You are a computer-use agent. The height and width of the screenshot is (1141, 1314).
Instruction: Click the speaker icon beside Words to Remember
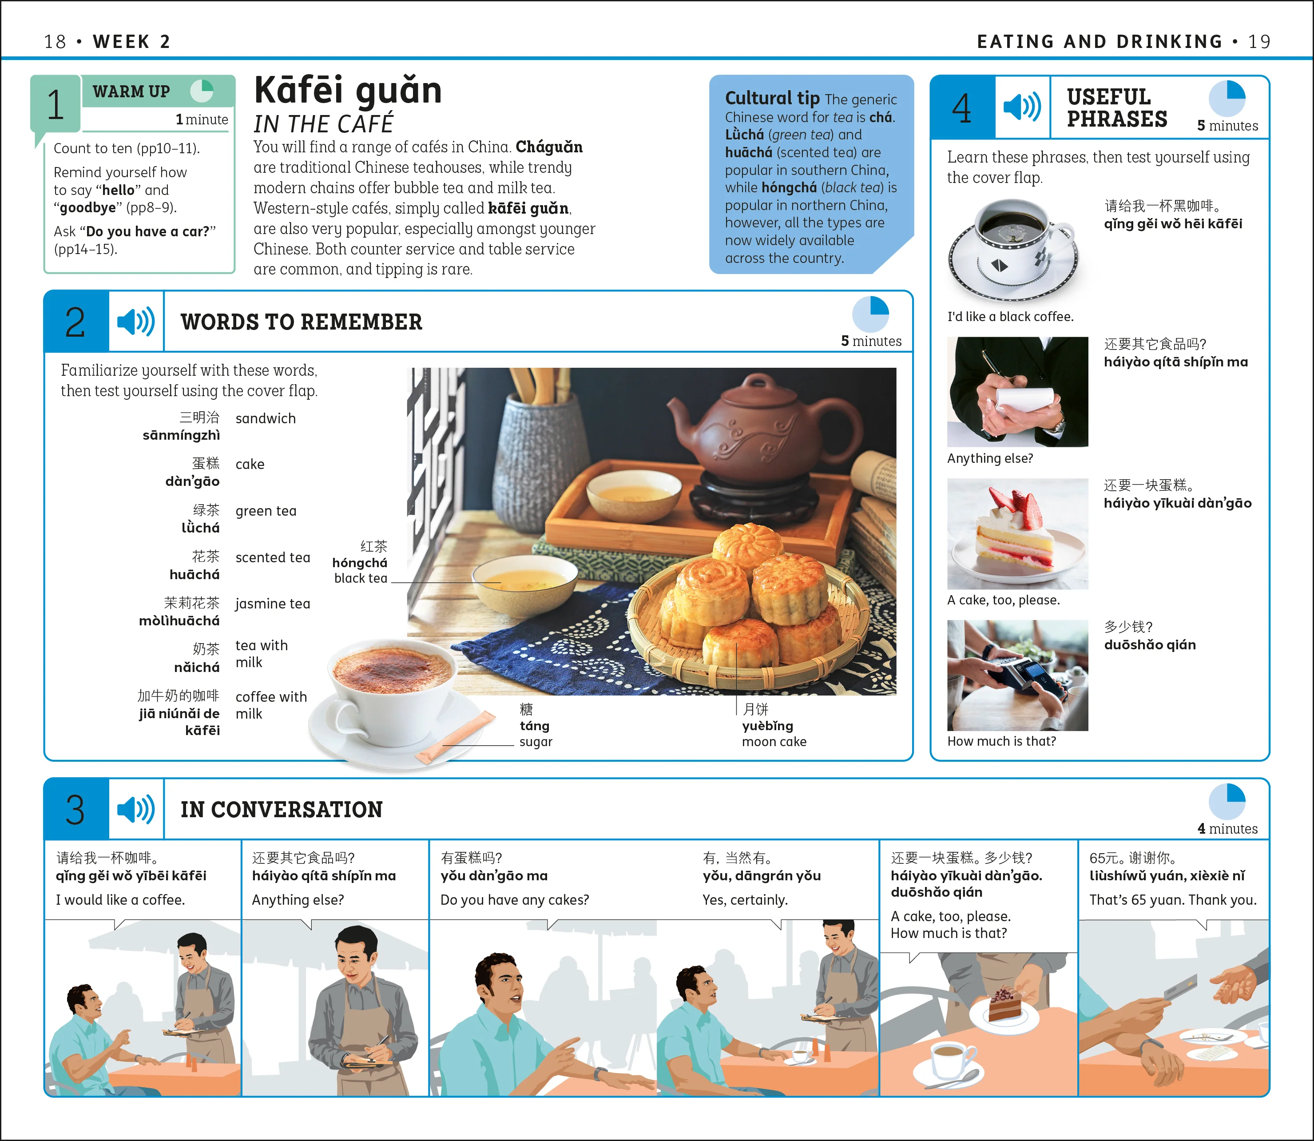click(x=135, y=322)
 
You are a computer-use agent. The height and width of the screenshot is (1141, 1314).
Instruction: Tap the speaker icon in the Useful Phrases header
click(x=1022, y=106)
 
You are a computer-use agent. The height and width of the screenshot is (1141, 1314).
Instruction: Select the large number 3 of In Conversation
click(x=75, y=809)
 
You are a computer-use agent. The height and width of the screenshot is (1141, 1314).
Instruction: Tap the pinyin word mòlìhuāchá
click(x=179, y=621)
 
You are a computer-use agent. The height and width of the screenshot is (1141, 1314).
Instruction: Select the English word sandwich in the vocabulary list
click(x=266, y=418)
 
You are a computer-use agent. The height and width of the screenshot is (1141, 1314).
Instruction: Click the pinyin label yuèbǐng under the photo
click(x=767, y=726)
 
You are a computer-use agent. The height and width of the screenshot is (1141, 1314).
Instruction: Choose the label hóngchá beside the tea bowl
click(x=360, y=563)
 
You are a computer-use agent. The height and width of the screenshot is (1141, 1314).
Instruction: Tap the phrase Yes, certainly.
click(x=745, y=900)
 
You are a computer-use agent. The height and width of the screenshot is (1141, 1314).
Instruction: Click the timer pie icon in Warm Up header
click(x=202, y=91)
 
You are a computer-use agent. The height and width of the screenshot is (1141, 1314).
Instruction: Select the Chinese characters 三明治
click(x=199, y=417)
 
